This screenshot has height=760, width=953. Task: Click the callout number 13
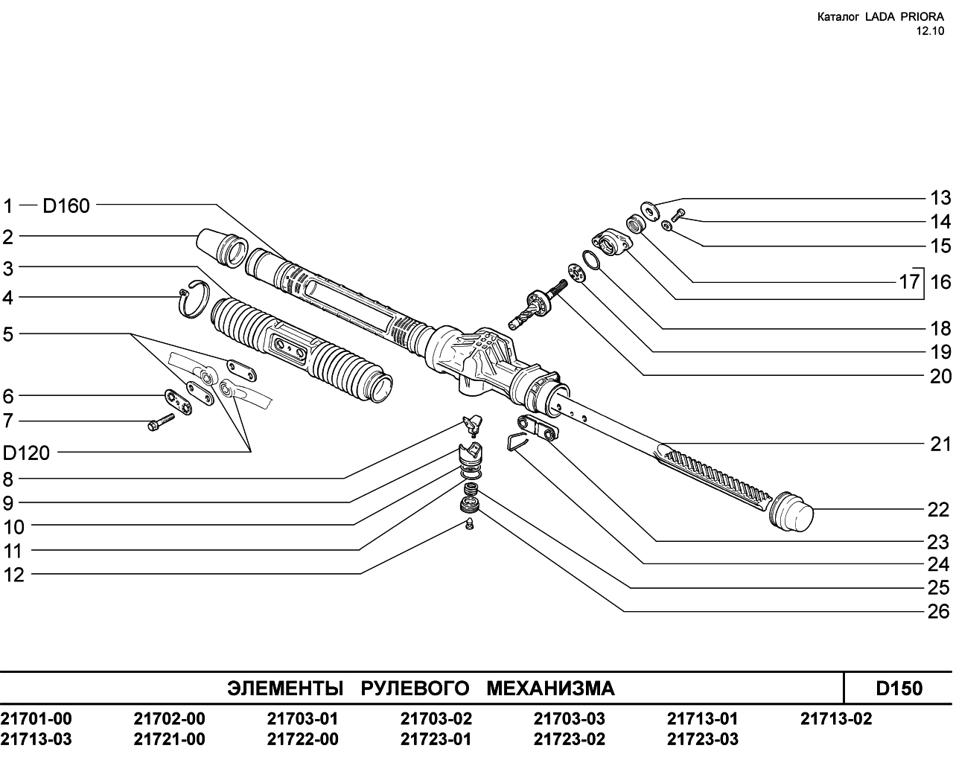click(940, 198)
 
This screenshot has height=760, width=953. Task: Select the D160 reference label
click(66, 206)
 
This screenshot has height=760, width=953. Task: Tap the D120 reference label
click(26, 453)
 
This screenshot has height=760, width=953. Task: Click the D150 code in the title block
click(899, 688)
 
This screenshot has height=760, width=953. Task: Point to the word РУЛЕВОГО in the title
click(415, 688)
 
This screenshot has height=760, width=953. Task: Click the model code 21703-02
click(436, 718)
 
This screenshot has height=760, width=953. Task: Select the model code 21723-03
click(702, 739)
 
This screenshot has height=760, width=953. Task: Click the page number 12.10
click(930, 31)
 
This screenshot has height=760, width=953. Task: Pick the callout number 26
click(939, 612)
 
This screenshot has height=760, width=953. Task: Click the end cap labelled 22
click(791, 511)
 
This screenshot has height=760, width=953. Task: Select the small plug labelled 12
click(469, 523)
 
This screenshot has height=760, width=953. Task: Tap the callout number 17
click(909, 281)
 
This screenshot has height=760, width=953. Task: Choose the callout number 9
click(8, 503)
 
